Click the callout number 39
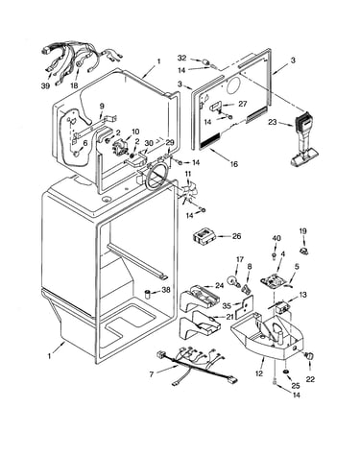click(46, 85)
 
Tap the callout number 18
click(74, 85)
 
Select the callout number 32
click(181, 58)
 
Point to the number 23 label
click(273, 122)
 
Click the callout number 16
click(234, 164)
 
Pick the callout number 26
click(236, 236)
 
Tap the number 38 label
click(166, 290)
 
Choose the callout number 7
click(152, 373)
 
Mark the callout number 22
click(310, 379)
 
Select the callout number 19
click(302, 230)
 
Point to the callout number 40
click(276, 238)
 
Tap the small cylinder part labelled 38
click(148, 293)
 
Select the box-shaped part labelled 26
click(204, 236)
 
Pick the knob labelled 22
click(310, 356)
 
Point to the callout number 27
click(243, 104)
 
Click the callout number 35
click(227, 306)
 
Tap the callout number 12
click(259, 373)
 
